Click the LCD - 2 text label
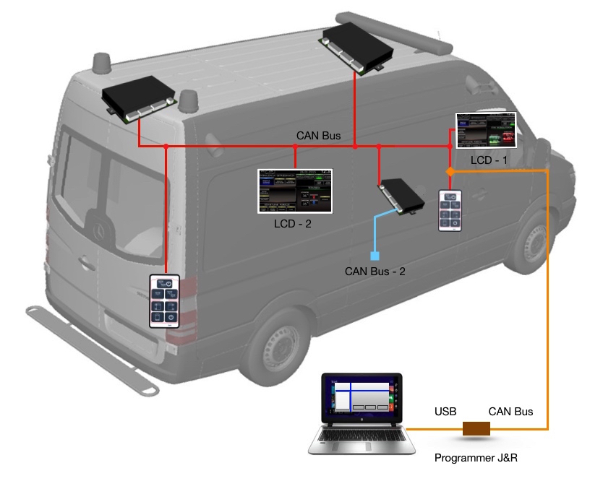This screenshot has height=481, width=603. pos(294,225)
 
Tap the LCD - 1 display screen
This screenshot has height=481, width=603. pos(486,131)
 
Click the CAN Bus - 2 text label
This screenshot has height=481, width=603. pos(375,272)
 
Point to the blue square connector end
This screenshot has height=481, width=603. pos(375,255)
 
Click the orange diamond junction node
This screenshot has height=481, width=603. pos(449,171)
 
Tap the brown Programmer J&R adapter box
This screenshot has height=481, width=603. pos(476,428)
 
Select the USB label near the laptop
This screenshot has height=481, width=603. pos(445,412)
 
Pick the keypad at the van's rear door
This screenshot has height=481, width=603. pos(165,301)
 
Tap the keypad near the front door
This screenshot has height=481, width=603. pos(450,211)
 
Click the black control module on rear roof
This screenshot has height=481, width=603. pos(140,97)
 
